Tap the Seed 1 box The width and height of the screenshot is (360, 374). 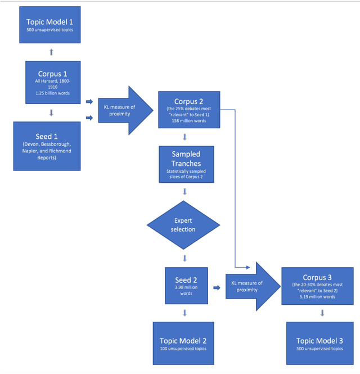49,147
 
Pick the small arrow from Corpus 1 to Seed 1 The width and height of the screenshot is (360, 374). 51,112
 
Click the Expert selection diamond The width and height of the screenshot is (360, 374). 184,225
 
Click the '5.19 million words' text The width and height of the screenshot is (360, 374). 314,296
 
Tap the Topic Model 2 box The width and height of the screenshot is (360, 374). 183,344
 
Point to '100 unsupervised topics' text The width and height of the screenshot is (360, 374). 183,349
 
